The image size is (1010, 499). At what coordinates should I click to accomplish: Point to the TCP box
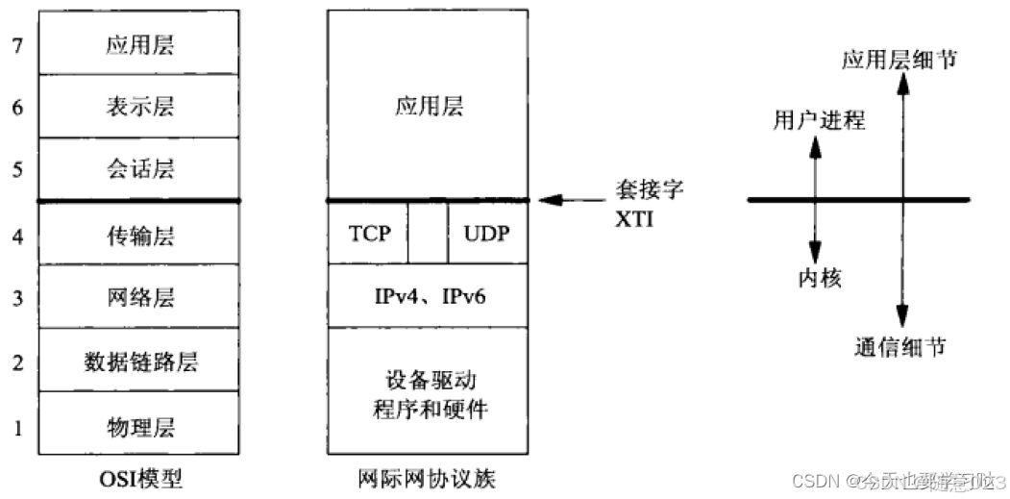(368, 234)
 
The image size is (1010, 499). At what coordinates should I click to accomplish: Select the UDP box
(487, 234)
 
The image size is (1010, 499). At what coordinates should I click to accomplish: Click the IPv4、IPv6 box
(428, 296)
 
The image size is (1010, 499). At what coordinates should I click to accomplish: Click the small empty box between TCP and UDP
(427, 234)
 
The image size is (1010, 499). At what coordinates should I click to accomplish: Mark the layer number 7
(16, 44)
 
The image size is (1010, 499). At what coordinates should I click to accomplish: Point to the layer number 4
(16, 234)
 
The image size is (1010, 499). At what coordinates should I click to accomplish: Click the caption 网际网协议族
(428, 478)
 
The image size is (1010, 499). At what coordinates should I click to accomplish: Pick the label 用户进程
(819, 120)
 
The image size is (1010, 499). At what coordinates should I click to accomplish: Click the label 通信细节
(899, 347)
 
